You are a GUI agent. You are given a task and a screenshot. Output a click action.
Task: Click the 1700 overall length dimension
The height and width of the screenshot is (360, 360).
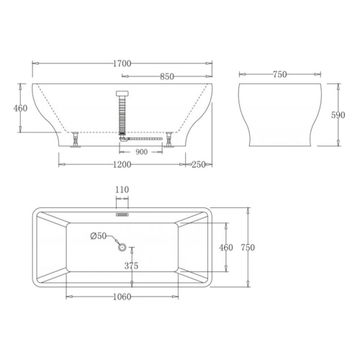tap(122, 63)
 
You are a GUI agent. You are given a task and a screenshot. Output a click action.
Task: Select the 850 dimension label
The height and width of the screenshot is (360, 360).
tap(167, 76)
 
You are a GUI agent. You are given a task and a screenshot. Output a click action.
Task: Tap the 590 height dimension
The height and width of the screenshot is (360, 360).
tap(338, 115)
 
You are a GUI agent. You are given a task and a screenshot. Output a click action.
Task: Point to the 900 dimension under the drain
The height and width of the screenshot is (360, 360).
tap(141, 152)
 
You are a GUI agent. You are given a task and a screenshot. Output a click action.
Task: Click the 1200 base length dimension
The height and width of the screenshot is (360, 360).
tap(122, 165)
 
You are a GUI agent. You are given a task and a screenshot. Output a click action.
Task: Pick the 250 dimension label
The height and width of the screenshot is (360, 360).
tap(199, 165)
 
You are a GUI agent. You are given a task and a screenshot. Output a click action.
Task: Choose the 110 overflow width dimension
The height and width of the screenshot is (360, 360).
tap(122, 190)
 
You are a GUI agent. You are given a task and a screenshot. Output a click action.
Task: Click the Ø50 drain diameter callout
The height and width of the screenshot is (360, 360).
tap(99, 236)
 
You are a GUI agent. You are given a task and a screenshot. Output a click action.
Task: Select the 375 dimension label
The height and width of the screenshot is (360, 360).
tap(131, 266)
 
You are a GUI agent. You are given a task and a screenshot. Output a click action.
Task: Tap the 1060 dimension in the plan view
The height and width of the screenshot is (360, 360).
tap(122, 297)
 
